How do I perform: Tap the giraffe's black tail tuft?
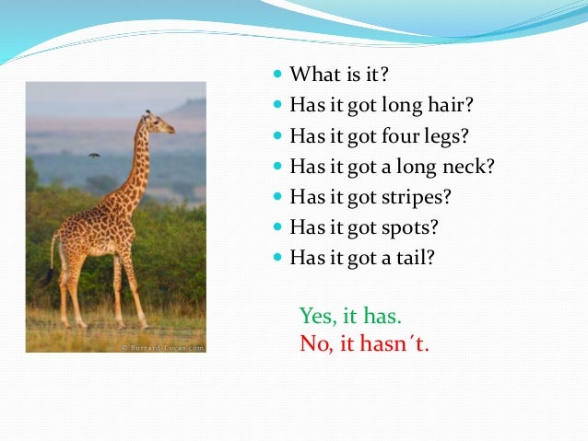(x=46, y=274)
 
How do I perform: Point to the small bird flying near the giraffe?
(x=93, y=155)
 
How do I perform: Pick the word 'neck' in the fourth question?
(x=474, y=167)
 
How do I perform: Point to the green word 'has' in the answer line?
(x=380, y=316)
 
